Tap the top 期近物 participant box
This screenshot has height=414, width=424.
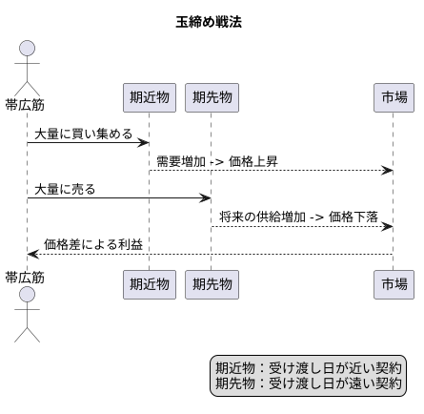[150, 97]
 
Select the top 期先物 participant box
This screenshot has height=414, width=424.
[210, 97]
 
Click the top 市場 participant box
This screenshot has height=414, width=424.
[393, 97]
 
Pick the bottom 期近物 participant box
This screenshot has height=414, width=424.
[150, 283]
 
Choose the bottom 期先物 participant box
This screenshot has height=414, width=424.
[210, 283]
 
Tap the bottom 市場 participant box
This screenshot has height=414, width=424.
[393, 283]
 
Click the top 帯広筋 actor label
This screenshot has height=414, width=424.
[26, 104]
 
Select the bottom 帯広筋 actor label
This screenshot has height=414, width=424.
[26, 277]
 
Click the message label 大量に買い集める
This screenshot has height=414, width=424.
[84, 134]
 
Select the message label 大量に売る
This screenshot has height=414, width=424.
[65, 189]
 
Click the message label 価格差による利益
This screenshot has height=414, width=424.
[93, 244]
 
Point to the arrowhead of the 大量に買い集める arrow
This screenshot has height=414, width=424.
[144, 143]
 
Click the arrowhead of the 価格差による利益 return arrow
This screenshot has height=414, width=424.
[32, 254]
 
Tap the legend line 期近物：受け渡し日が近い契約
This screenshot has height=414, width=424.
[309, 367]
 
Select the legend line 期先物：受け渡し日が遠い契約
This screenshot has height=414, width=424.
[309, 383]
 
